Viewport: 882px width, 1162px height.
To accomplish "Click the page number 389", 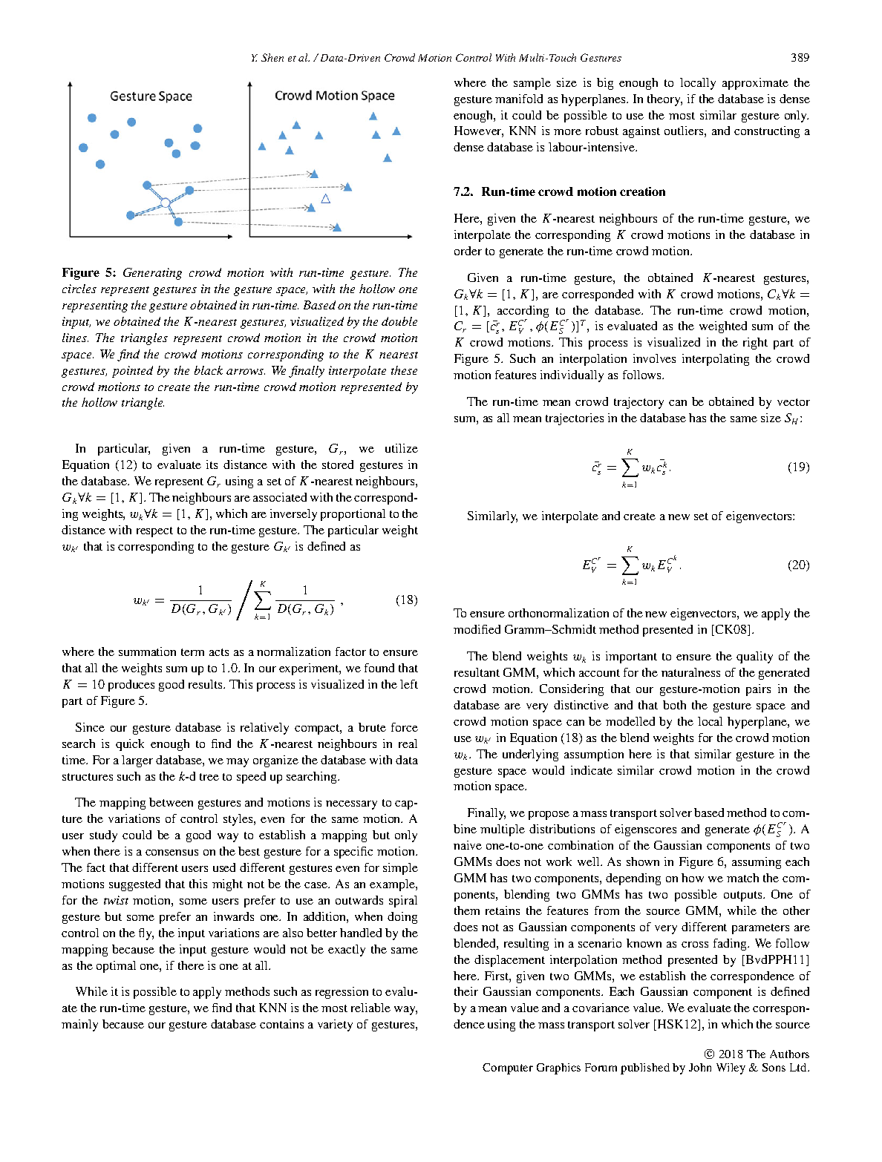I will tap(800, 57).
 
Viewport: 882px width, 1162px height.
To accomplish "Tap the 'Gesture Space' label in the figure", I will tap(151, 96).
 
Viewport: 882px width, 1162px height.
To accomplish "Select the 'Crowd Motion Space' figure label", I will tap(334, 96).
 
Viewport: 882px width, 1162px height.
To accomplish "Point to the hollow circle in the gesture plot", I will tap(166, 202).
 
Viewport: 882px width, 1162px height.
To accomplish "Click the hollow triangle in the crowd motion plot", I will tap(325, 199).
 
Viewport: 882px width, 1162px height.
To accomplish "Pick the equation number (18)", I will tap(406, 600).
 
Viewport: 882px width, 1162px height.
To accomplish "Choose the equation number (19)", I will tap(798, 467).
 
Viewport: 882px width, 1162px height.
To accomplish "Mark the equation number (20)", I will tap(798, 565).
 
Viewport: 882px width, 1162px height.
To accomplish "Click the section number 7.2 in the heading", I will tap(463, 191).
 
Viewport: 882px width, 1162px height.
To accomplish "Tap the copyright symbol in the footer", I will tap(708, 1054).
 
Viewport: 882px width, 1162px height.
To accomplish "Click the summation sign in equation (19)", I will tap(629, 467).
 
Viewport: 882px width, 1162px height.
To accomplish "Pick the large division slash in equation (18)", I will tap(244, 600).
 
